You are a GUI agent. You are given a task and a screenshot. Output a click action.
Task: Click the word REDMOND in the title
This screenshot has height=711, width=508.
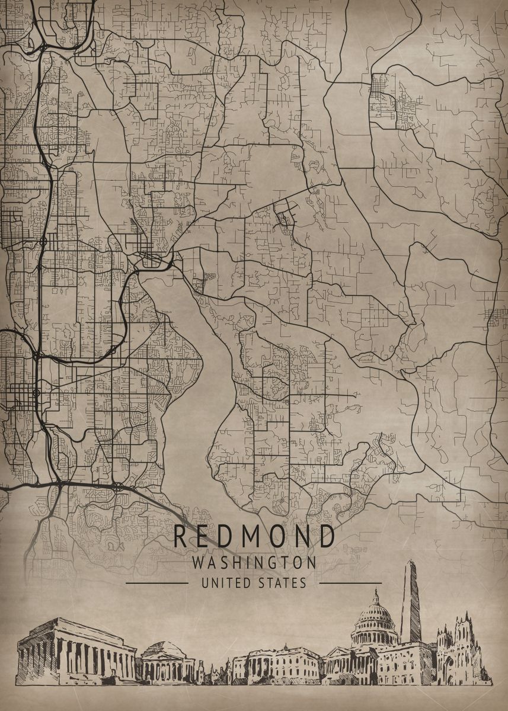pos(254,536)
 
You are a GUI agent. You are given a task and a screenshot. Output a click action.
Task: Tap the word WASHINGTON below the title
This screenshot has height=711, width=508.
pos(254,562)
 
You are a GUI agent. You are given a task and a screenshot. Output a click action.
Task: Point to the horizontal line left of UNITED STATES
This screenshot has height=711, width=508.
pos(156,583)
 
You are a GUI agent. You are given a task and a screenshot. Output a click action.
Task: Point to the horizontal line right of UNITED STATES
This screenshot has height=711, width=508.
pos(350,583)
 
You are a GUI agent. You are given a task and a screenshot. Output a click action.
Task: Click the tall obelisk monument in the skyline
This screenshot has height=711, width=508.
pos(410,604)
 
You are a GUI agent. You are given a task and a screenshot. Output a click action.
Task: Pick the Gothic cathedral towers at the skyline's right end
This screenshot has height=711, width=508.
pos(460,649)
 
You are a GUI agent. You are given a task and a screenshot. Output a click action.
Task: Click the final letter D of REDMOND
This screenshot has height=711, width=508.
pos(327,536)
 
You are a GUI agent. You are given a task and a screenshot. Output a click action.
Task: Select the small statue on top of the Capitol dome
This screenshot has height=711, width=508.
pos(375,592)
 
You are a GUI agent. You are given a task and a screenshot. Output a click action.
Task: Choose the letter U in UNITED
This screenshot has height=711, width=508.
pos(205,583)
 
